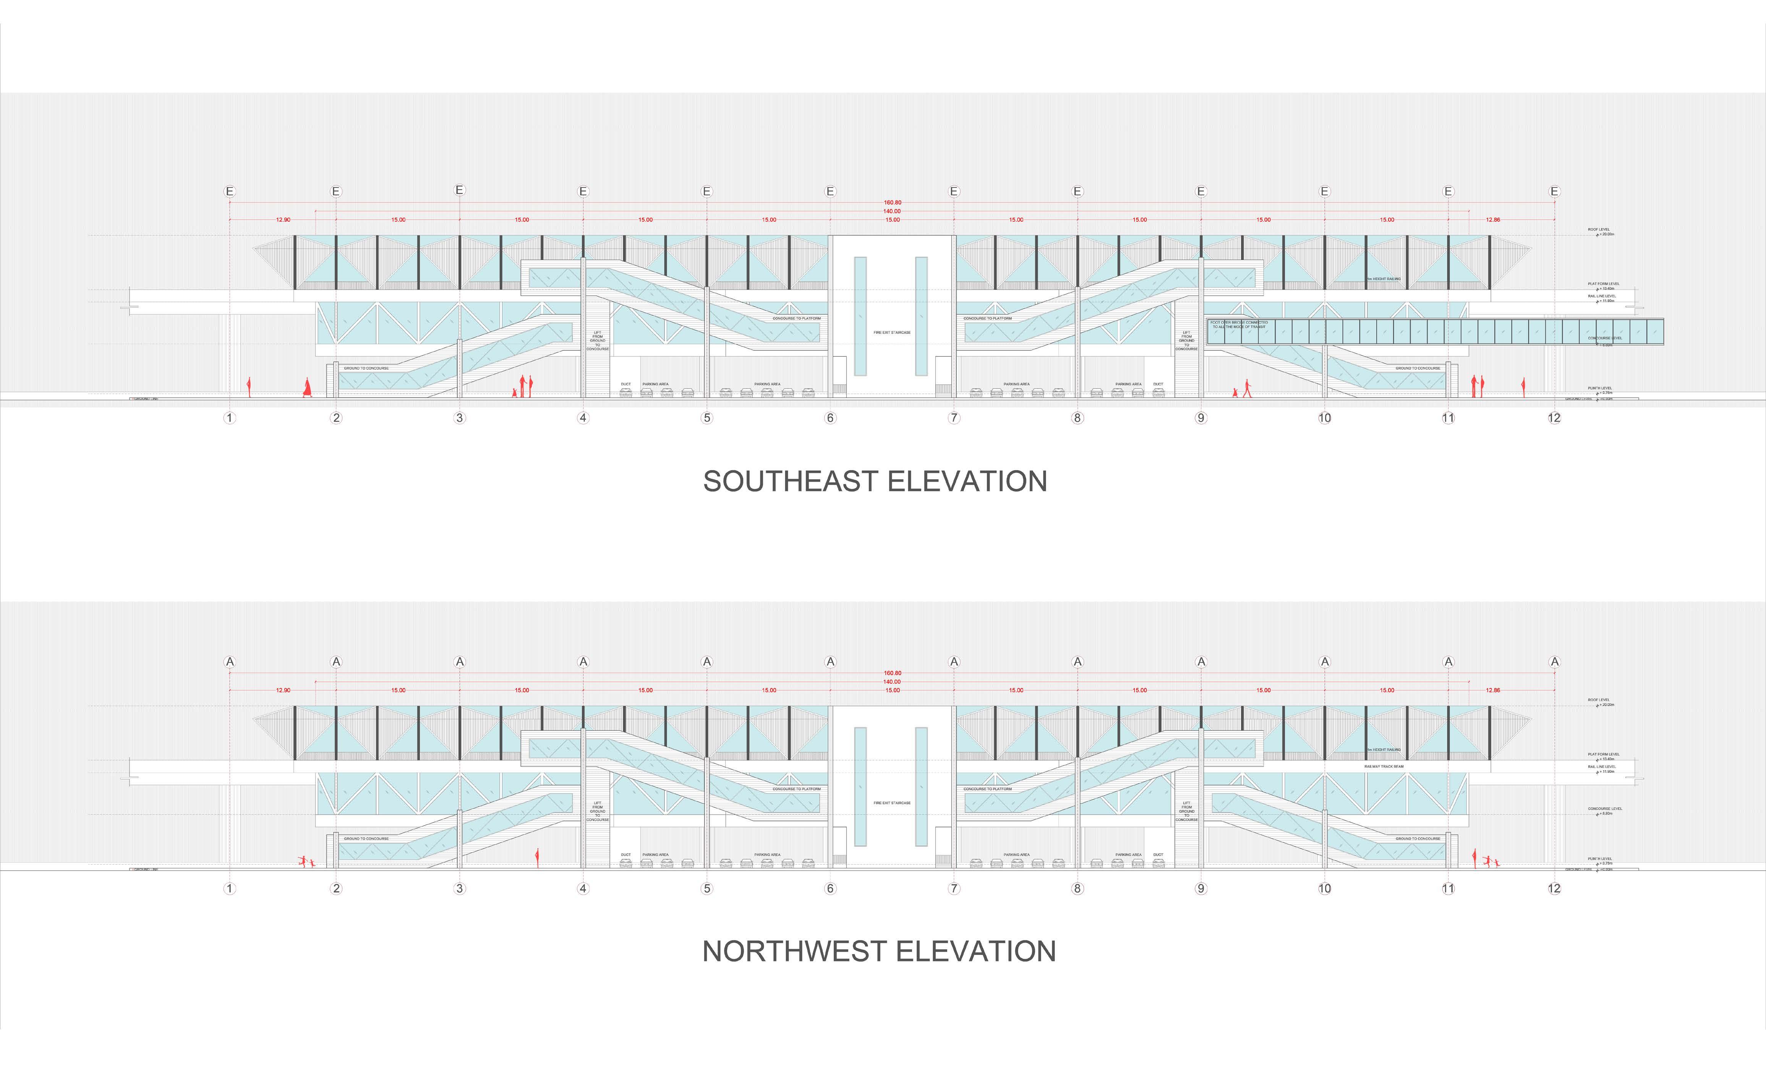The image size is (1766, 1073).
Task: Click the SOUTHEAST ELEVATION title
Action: tap(875, 481)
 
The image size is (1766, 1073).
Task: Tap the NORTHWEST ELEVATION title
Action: tap(879, 951)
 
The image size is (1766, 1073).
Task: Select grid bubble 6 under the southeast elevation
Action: tap(831, 418)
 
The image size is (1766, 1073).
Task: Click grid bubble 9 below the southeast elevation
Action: tap(1201, 418)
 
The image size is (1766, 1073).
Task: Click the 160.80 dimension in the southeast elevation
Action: tap(892, 203)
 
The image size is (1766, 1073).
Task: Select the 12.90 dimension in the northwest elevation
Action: tap(283, 690)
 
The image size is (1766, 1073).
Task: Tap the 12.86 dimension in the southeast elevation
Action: tap(1493, 220)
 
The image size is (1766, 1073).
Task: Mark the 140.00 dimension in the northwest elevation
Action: tap(892, 681)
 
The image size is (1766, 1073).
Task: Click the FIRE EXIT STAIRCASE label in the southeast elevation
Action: tap(892, 333)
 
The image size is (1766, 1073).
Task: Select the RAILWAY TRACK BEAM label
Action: tap(1384, 766)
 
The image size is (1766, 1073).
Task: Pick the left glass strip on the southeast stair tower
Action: tap(860, 316)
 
